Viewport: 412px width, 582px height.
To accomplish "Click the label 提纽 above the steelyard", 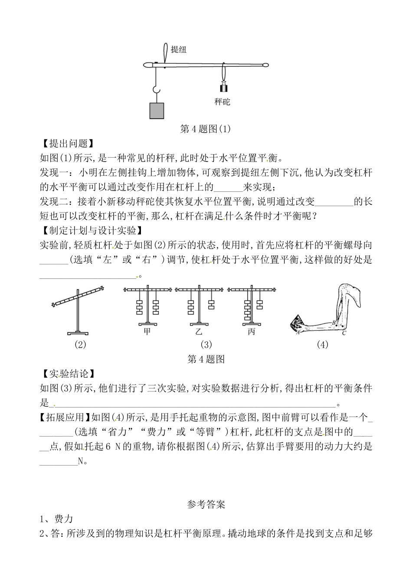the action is [179, 49].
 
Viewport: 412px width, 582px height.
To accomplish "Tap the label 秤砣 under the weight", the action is [222, 102].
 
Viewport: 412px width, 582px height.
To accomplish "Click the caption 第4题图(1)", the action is [206, 129].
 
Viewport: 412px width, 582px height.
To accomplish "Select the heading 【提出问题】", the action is [66, 143].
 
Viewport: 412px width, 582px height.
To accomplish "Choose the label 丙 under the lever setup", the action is [252, 332].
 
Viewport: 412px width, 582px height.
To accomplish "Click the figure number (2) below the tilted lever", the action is [80, 345].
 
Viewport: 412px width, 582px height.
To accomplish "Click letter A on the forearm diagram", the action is [298, 333].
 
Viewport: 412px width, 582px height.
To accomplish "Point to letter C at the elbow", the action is [344, 333].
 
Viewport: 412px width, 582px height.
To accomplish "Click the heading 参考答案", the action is [206, 504].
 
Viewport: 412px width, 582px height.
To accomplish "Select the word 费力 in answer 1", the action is [63, 519].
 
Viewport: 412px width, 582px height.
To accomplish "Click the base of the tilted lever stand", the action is [78, 333].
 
